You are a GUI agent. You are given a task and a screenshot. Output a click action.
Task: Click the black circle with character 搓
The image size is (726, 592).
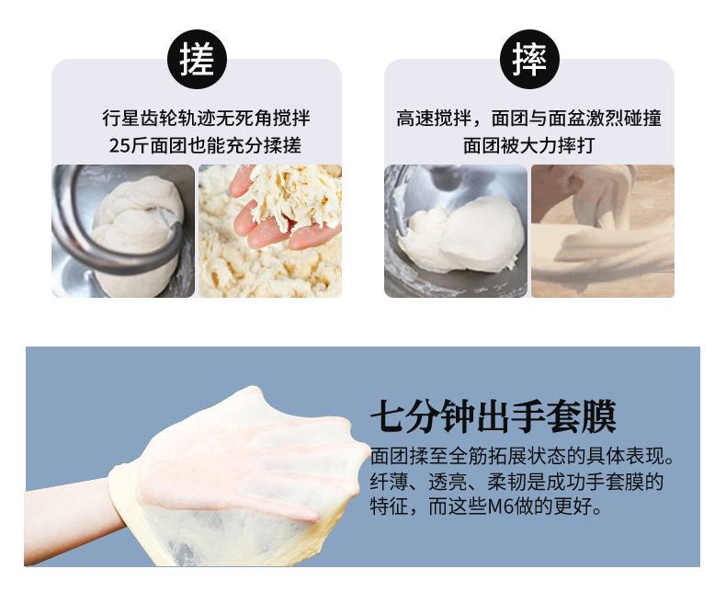click(196, 60)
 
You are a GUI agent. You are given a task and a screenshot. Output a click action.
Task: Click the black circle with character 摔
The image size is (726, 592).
click(528, 60)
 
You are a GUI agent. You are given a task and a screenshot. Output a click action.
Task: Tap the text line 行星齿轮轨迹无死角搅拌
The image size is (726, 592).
click(205, 120)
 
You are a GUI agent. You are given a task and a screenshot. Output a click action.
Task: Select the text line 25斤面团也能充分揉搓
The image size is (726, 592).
click(205, 145)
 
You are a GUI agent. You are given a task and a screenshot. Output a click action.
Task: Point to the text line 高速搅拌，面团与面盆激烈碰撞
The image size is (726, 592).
click(528, 120)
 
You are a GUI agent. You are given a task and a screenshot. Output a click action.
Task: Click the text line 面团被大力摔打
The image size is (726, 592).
click(528, 145)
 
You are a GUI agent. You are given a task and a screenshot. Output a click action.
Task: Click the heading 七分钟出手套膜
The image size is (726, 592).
click(493, 416)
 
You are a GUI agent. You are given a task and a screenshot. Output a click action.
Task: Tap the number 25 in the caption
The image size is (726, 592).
click(119, 145)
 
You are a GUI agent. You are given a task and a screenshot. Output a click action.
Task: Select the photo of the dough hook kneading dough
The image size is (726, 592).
click(123, 231)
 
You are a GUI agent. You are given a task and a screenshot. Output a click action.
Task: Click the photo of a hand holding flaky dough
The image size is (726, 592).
click(270, 231)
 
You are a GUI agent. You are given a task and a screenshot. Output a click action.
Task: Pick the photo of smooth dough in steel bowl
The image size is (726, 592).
click(456, 231)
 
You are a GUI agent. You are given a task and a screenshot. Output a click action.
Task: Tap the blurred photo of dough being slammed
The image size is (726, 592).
click(603, 231)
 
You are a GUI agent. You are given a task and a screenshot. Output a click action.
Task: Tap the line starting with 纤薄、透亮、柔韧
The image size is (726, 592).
click(516, 481)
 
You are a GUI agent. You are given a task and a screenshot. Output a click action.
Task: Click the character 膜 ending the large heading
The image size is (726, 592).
click(598, 416)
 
